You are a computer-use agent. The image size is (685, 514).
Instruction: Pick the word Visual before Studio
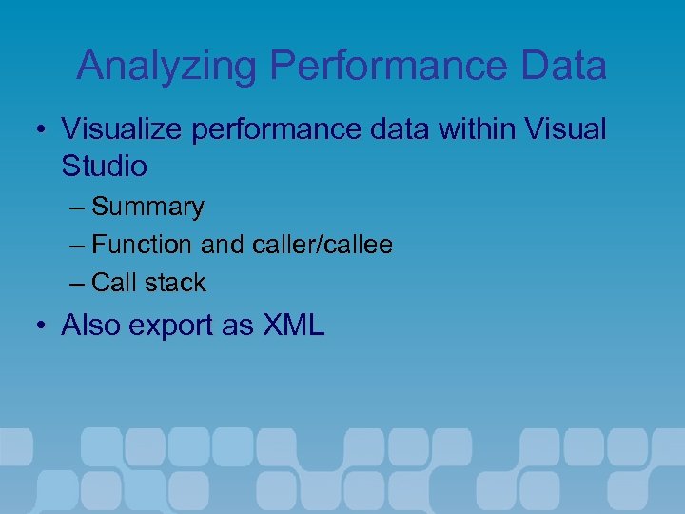(x=568, y=128)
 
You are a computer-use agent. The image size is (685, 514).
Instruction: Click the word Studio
(x=105, y=167)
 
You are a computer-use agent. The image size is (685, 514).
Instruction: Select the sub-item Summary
(x=148, y=207)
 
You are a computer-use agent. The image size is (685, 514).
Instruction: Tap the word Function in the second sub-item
(x=142, y=245)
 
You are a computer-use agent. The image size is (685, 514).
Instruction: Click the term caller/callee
(x=323, y=245)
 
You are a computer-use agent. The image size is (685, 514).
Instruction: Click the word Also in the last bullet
(x=90, y=326)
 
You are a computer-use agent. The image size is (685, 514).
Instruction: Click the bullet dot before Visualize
(x=42, y=129)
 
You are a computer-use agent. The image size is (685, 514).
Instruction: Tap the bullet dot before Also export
(x=42, y=326)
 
